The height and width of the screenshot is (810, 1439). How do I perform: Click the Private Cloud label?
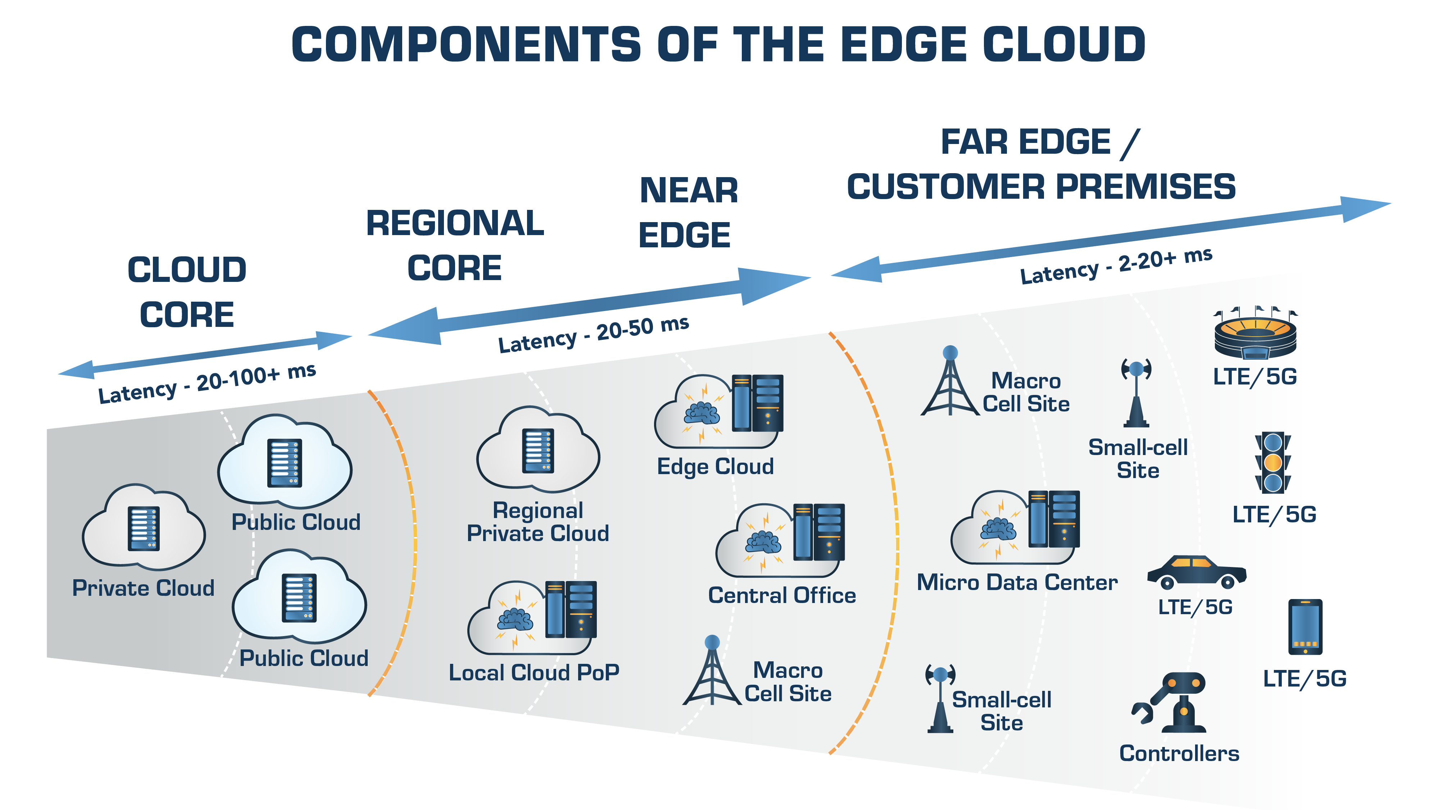143,588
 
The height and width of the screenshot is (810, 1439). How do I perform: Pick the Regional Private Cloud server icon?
538,451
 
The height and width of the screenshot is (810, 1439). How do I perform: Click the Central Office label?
781,595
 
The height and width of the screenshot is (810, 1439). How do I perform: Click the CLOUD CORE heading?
187,292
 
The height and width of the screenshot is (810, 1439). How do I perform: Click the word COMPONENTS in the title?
466,45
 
